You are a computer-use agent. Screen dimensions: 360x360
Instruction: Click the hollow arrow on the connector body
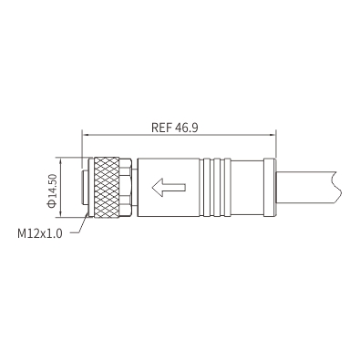(x=169, y=188)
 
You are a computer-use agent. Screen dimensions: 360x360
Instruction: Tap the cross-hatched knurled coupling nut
(x=107, y=188)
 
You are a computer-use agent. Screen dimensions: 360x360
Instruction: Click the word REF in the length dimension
(x=162, y=128)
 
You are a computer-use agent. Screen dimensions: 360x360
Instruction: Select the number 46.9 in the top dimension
(x=187, y=128)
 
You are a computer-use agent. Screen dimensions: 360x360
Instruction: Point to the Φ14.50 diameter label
(x=52, y=190)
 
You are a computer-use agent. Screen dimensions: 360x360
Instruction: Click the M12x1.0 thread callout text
(x=40, y=233)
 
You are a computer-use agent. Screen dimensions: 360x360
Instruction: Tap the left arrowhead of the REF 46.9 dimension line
(x=86, y=135)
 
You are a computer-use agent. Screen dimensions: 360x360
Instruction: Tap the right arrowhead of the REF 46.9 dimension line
(x=272, y=135)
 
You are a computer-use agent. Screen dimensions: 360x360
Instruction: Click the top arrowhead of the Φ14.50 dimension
(x=62, y=161)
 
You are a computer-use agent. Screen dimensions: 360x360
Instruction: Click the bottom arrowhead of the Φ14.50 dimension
(x=62, y=214)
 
